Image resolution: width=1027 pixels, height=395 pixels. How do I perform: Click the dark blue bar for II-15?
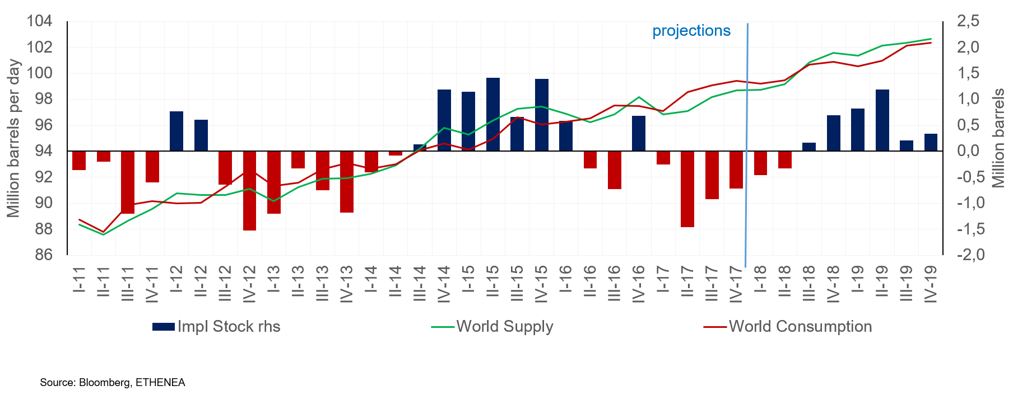pos(493,114)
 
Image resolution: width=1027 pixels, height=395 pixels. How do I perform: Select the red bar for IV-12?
pos(249,190)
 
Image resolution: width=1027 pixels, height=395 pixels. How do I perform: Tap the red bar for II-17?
pos(687,189)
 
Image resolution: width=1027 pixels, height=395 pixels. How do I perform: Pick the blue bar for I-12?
pos(176,131)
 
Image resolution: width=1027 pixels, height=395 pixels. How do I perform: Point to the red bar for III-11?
pos(128,182)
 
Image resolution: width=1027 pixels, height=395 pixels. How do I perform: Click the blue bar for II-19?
pos(882,120)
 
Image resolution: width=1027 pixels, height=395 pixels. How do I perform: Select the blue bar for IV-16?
pos(639,133)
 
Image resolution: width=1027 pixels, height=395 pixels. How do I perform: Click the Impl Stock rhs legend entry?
pos(216,327)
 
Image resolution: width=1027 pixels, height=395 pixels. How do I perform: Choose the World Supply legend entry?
pos(492,327)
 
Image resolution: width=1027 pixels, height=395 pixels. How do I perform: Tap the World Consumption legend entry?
pos(788,327)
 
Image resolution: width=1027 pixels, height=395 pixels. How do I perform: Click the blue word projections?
pos(691,31)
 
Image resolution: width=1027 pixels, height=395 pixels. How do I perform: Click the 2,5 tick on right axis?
pos(968,21)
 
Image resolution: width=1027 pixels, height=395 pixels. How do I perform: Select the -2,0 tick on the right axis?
pos(970,255)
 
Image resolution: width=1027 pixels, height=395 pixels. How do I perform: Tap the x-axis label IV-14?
pos(444,284)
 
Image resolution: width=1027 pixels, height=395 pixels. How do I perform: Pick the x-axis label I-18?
pos(760,280)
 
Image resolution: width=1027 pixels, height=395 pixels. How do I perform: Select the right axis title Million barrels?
pos(999,138)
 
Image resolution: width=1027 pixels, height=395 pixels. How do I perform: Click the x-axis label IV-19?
pos(931,284)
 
